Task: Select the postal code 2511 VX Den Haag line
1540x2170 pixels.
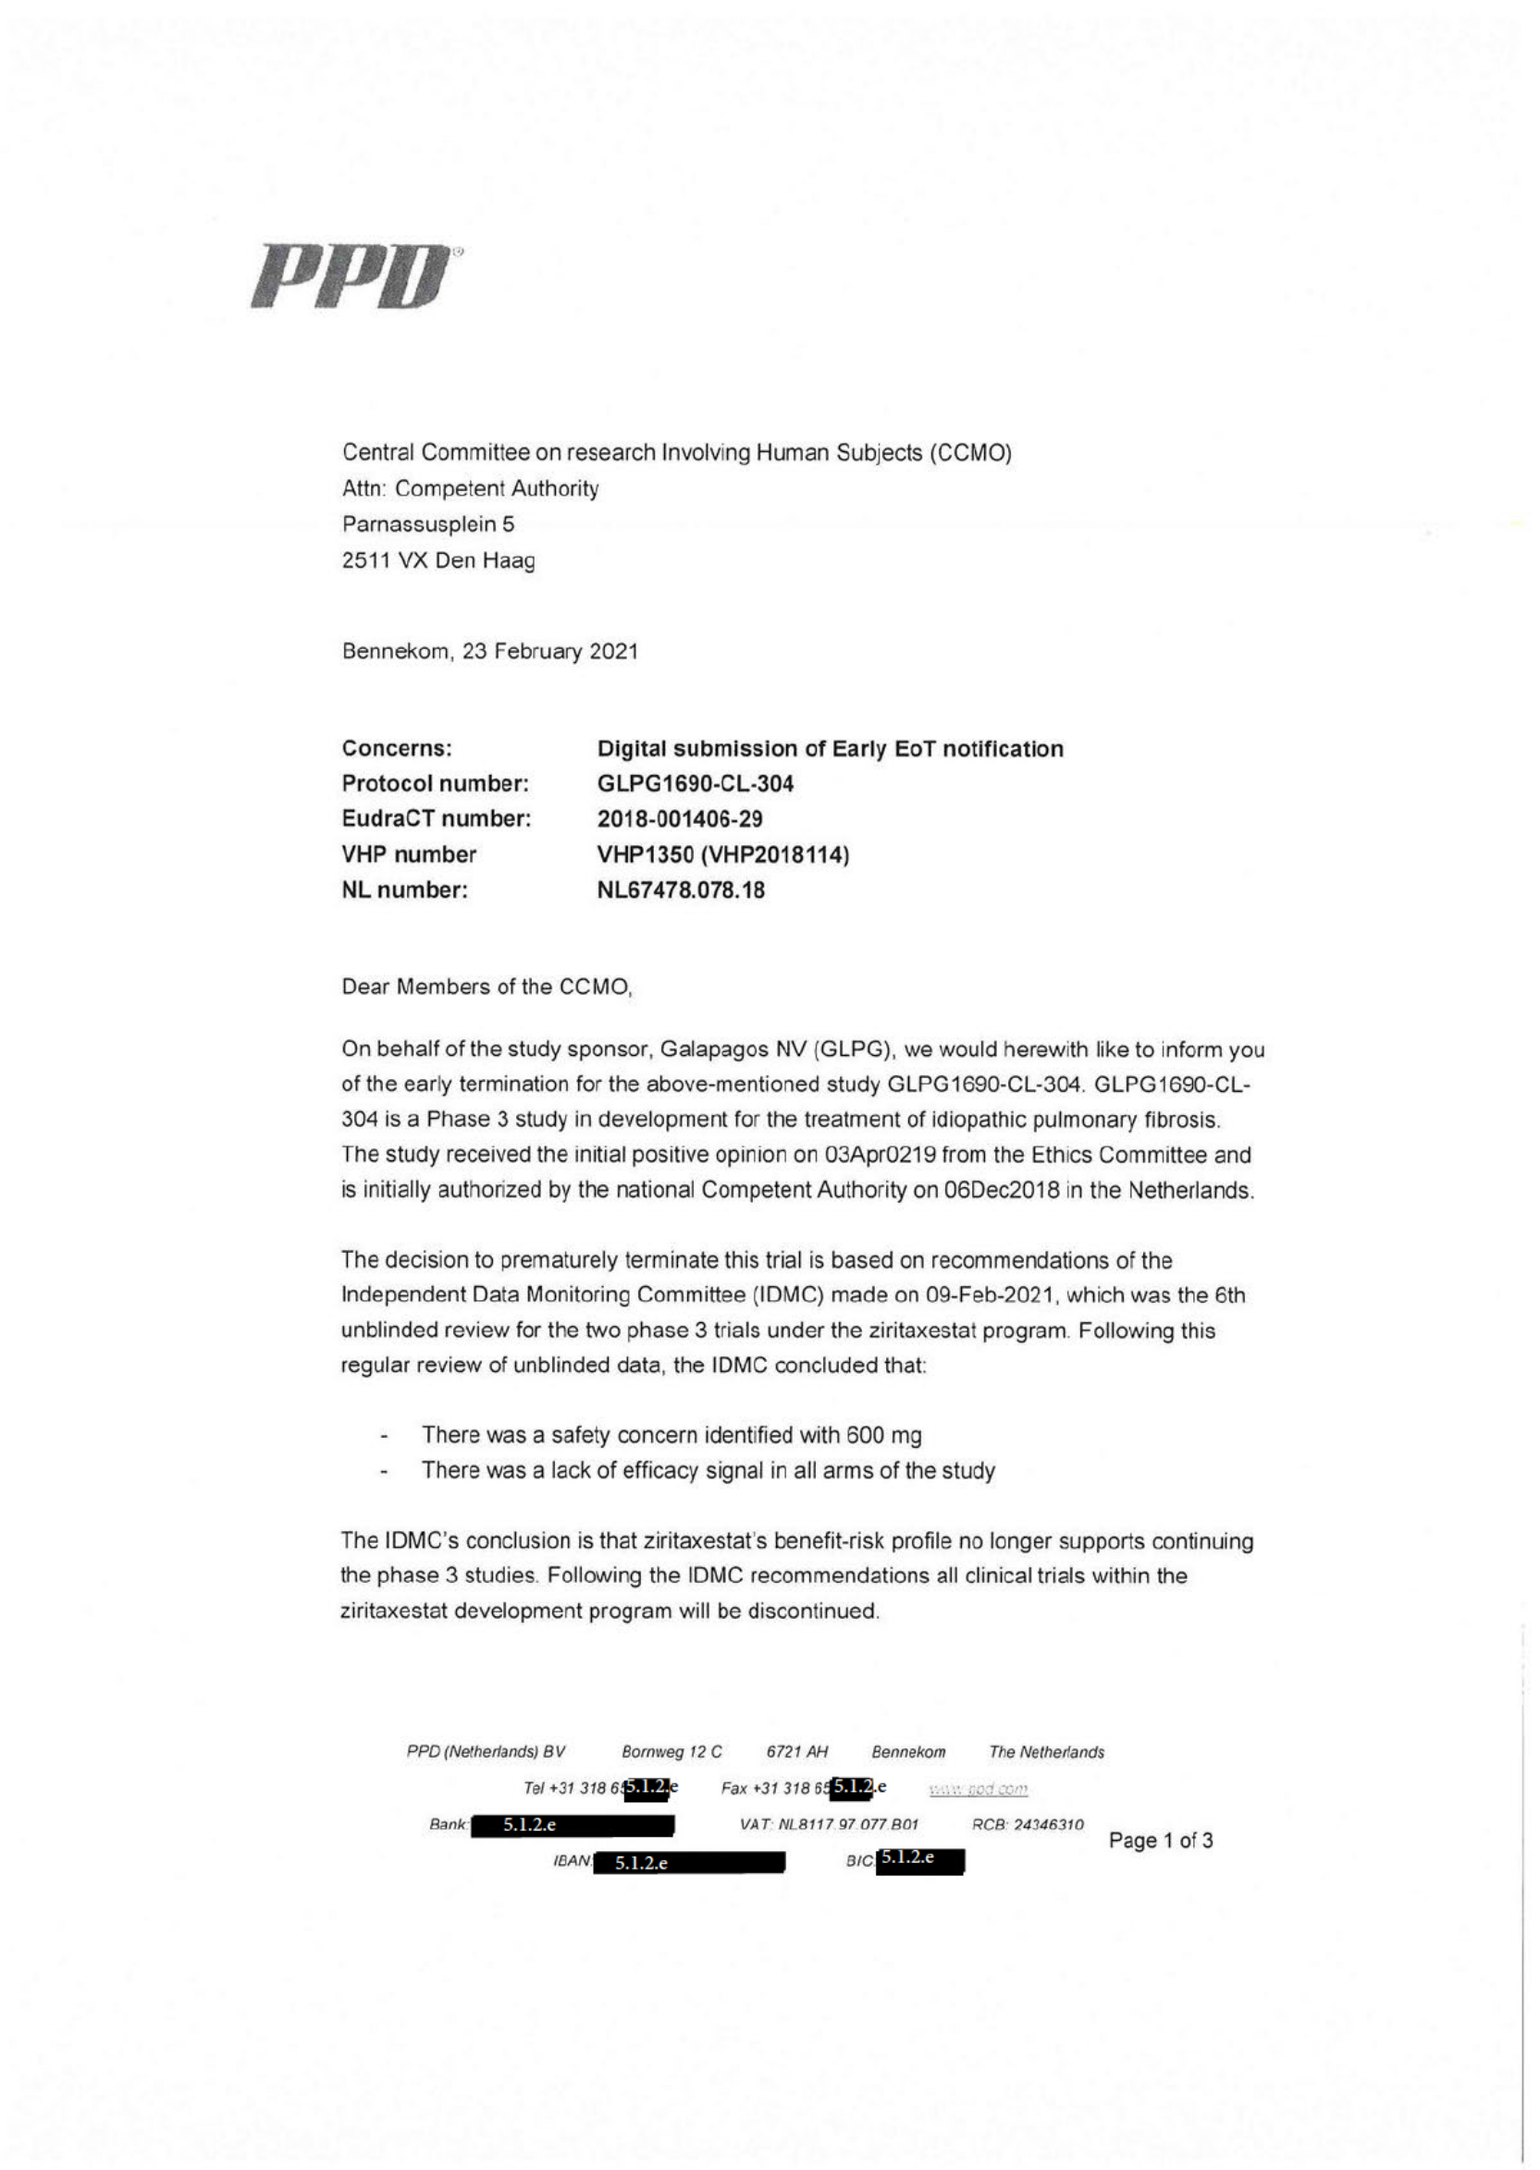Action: (438, 560)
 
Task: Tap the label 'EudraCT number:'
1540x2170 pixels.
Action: (436, 818)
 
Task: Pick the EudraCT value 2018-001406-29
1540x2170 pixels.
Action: (679, 818)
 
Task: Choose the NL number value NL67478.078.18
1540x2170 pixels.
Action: (680, 890)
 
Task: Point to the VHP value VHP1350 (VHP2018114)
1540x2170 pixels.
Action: (722, 854)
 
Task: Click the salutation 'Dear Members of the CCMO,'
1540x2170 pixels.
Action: (487, 987)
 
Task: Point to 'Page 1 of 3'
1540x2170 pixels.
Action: (1160, 1841)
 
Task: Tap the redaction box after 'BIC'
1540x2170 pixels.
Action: (918, 1859)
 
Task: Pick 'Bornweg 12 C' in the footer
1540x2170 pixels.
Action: (671, 1752)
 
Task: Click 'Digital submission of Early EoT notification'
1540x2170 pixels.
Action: (830, 749)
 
